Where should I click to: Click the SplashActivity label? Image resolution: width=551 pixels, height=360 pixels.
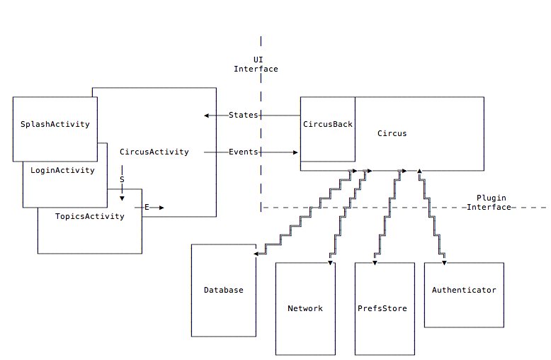[x=55, y=124]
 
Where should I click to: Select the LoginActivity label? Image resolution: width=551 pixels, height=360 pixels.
[x=62, y=170]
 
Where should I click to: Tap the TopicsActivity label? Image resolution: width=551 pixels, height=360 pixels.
[x=89, y=216]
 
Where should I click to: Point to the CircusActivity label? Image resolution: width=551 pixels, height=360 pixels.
[x=154, y=152]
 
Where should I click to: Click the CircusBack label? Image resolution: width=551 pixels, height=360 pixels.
[x=328, y=124]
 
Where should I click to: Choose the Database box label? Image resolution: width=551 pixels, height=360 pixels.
[x=223, y=290]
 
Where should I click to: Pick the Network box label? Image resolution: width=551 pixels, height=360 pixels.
[x=305, y=308]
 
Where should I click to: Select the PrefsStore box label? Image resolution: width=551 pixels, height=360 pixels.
[x=382, y=308]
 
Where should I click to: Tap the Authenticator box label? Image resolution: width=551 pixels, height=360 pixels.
[x=464, y=290]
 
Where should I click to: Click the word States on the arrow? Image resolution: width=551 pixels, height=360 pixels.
[x=244, y=115]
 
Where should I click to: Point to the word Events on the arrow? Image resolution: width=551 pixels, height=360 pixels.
[x=244, y=152]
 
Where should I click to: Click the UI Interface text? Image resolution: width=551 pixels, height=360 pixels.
[x=256, y=64]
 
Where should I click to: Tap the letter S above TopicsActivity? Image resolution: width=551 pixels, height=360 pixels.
[x=122, y=180]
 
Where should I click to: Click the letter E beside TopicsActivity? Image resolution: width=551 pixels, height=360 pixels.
[x=147, y=207]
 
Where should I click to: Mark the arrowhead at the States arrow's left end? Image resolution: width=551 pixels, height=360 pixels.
[x=206, y=115]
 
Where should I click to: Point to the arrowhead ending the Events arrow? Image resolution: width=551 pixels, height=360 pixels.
[x=295, y=152]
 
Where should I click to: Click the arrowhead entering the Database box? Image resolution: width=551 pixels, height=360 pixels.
[x=256, y=253]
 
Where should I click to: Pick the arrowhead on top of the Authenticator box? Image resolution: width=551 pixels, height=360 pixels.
[x=444, y=262]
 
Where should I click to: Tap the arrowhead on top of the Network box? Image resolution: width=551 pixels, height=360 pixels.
[x=330, y=262]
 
